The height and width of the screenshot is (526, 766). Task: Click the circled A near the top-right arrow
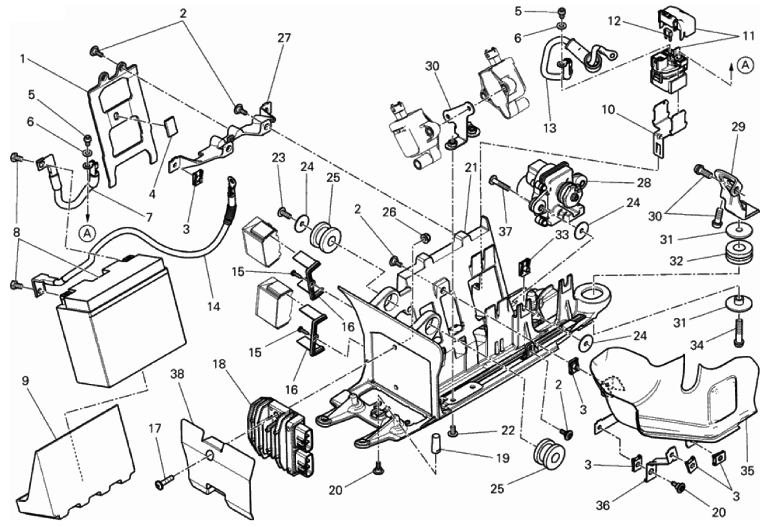746,65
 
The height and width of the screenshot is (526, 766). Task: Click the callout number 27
284,38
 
